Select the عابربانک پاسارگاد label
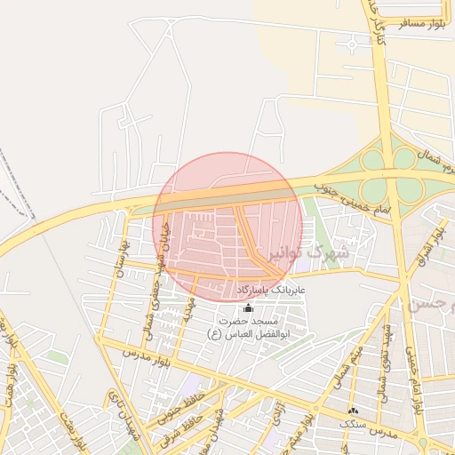click(271, 291)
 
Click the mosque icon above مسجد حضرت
click(247, 307)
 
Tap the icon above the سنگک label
click(354, 411)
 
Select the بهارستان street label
click(124, 258)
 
